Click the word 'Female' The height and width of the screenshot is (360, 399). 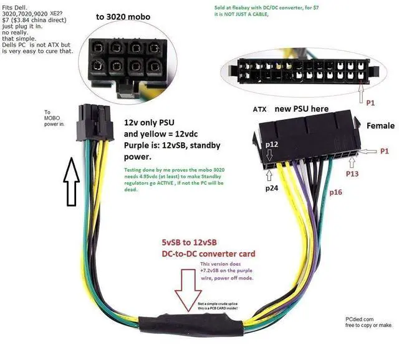[x=380, y=125]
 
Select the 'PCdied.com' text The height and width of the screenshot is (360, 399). [x=360, y=318]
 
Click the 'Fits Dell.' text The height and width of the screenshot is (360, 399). [x=16, y=6]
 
